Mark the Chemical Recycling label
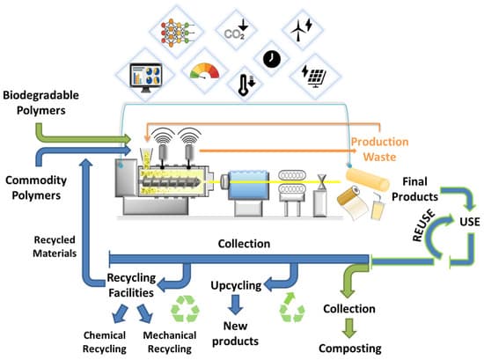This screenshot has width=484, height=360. pyautogui.click(x=112, y=342)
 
